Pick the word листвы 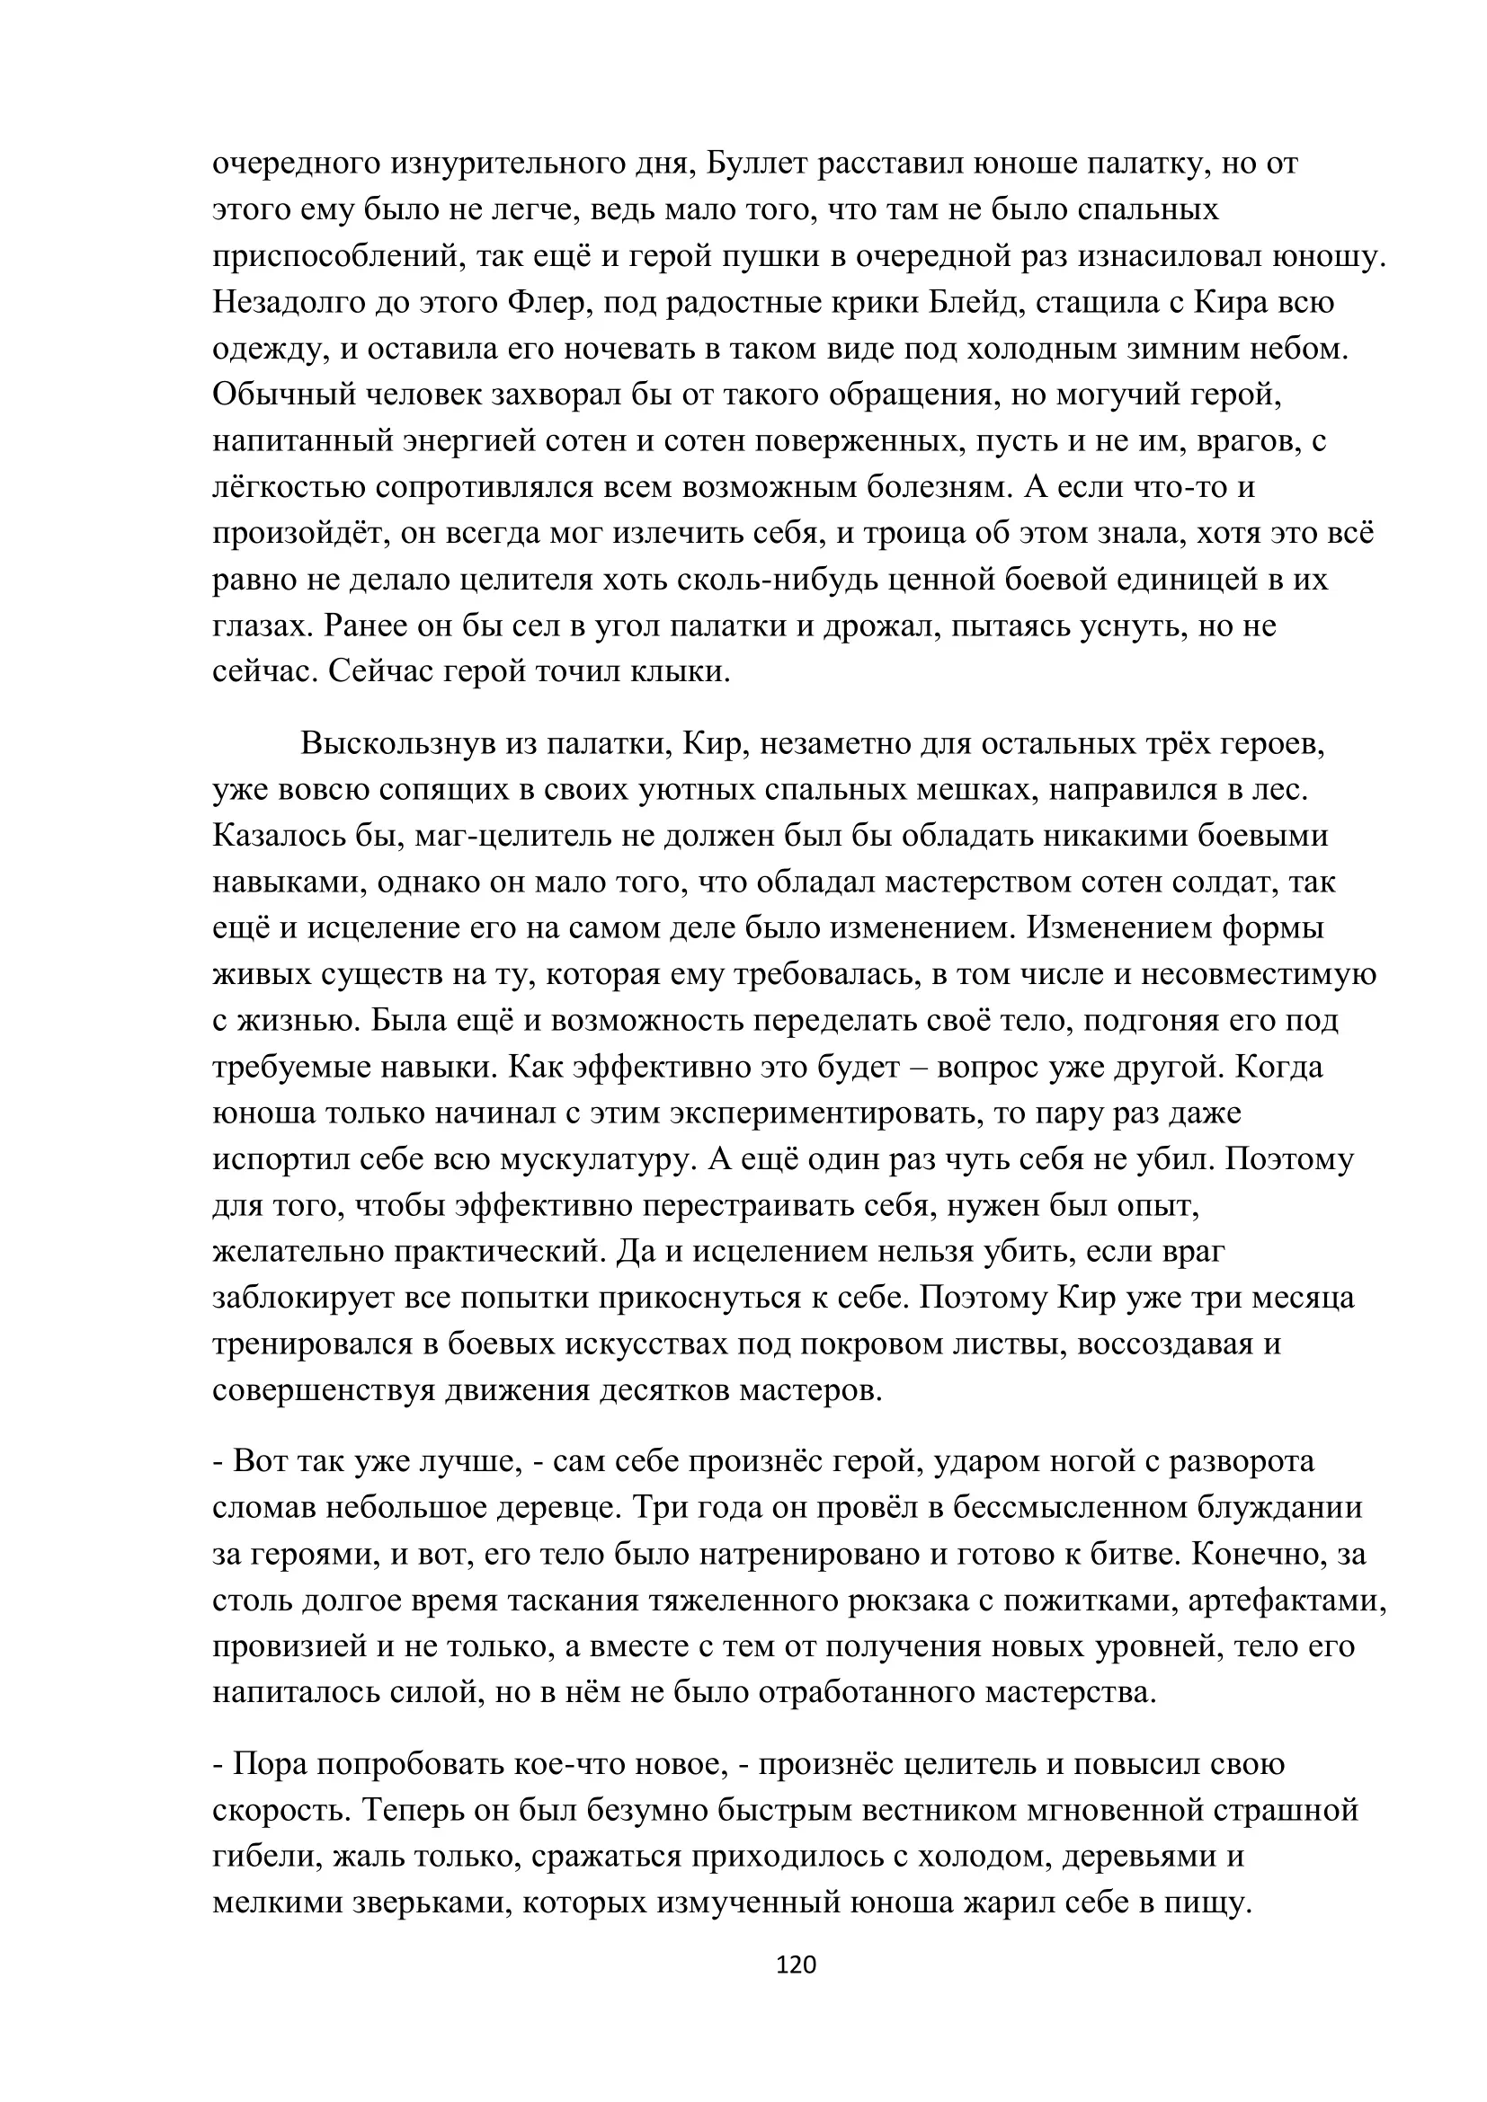1017,1344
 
